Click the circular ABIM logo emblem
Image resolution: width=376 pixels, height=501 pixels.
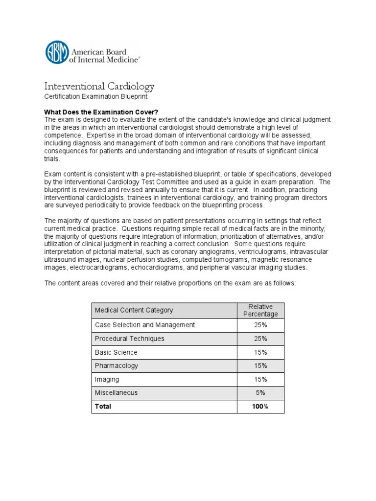pyautogui.click(x=57, y=52)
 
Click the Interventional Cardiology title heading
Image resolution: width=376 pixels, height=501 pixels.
pyautogui.click(x=99, y=87)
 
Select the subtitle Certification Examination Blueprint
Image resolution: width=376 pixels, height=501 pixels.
pyautogui.click(x=96, y=96)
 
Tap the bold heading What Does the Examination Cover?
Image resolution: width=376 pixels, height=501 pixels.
pyautogui.click(x=101, y=112)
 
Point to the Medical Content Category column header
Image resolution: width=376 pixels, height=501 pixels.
pyautogui.click(x=134, y=310)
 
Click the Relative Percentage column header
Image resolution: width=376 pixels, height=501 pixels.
pyautogui.click(x=260, y=310)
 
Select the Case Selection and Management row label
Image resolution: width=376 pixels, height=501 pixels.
pyautogui.click(x=144, y=325)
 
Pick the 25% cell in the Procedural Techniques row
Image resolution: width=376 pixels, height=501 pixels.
pyautogui.click(x=260, y=339)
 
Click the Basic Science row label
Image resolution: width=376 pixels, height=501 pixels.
pyautogui.click(x=116, y=352)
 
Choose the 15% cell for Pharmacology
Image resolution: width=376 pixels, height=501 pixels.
pyautogui.click(x=260, y=365)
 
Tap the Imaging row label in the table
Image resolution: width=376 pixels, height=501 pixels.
pyautogui.click(x=107, y=379)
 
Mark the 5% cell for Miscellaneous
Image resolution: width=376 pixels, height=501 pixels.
pyautogui.click(x=260, y=392)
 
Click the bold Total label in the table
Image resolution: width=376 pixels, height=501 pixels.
pyautogui.click(x=103, y=406)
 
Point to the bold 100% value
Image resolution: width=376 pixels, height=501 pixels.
pyautogui.click(x=260, y=406)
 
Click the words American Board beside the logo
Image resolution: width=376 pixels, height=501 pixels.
pyautogui.click(x=99, y=52)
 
